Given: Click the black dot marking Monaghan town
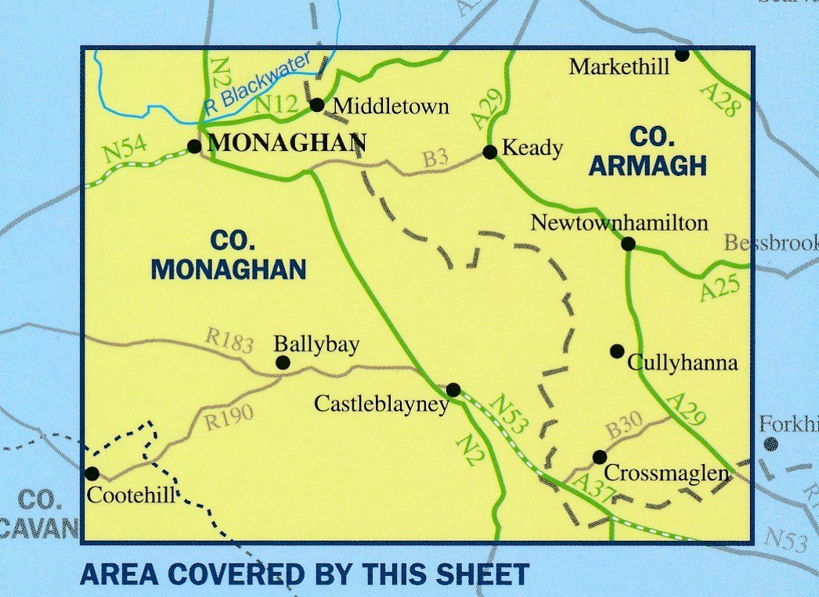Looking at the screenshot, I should click(194, 146).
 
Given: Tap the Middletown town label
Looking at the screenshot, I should click(391, 106).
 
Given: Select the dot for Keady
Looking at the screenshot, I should click(489, 152).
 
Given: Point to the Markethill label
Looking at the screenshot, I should click(619, 67).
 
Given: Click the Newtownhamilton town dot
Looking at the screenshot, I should click(628, 244).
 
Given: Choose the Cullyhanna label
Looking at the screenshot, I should click(683, 364).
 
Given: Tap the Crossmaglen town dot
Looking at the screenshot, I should click(599, 457).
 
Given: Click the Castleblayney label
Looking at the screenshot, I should click(381, 404).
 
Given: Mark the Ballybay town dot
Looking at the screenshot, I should click(283, 362).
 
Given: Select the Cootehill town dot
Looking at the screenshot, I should click(92, 473).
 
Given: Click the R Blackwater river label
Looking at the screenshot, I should click(256, 85).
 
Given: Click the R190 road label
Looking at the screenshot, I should click(228, 418).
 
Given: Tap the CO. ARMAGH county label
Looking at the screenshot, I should click(648, 151).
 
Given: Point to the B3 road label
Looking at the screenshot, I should click(435, 159).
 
